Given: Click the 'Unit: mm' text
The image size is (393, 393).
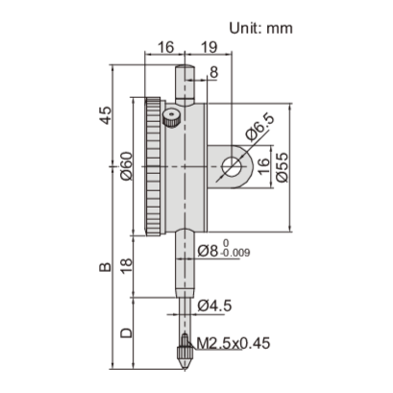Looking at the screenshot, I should point(260,27).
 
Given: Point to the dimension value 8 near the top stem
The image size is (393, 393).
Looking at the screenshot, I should point(212,72).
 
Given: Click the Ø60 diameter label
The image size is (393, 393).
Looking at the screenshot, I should point(126,171).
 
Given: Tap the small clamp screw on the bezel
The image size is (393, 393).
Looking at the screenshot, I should point(171,119).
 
